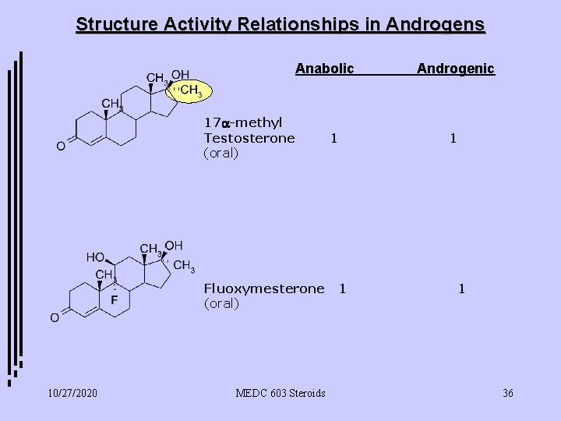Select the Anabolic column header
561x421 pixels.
[x=324, y=69]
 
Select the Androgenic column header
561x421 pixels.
[x=455, y=69]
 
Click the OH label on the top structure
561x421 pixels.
[x=180, y=74]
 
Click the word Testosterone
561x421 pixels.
[x=249, y=138]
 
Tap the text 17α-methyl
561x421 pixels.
[x=242, y=122]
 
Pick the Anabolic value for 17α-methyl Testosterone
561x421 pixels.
[x=333, y=138]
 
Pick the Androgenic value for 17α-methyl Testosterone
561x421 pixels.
[x=453, y=138]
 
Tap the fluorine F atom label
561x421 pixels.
[x=114, y=300]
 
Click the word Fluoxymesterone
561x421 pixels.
[x=263, y=288]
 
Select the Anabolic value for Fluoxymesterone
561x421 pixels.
[x=341, y=288]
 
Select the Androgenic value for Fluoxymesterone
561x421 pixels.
[x=462, y=288]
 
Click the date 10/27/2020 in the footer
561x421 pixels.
[x=72, y=393]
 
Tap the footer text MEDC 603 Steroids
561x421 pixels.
[x=280, y=393]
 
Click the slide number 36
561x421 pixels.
[x=508, y=393]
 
